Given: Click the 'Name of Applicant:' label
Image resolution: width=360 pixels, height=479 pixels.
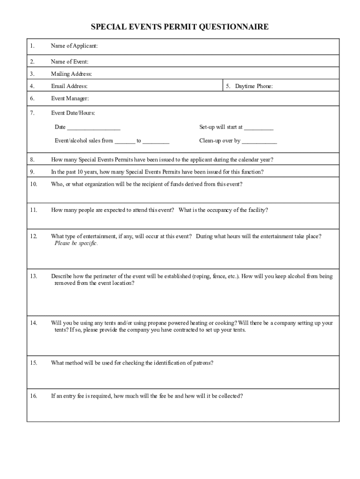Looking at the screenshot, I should [x=74, y=46].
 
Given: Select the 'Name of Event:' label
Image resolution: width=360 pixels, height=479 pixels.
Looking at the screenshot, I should [x=70, y=62].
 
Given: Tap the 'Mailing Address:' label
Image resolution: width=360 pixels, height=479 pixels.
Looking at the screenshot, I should [x=72, y=74].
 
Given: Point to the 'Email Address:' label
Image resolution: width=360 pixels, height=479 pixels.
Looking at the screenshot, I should [x=69, y=86].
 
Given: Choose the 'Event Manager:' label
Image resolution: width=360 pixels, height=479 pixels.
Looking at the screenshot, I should [x=70, y=98].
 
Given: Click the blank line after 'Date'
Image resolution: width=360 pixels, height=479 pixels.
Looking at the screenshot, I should [x=94, y=128].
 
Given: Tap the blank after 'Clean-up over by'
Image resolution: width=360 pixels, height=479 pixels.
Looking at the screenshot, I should [x=259, y=141].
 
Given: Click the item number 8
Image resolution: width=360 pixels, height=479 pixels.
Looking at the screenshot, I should [x=32, y=160].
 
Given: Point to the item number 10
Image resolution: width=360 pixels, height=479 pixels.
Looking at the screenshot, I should [x=33, y=184].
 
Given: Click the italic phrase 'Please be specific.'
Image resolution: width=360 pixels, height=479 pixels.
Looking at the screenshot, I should [x=76, y=243].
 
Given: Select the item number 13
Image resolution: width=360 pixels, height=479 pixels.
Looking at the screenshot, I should [x=33, y=276].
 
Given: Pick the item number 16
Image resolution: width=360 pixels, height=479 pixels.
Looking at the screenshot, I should [x=33, y=396].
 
